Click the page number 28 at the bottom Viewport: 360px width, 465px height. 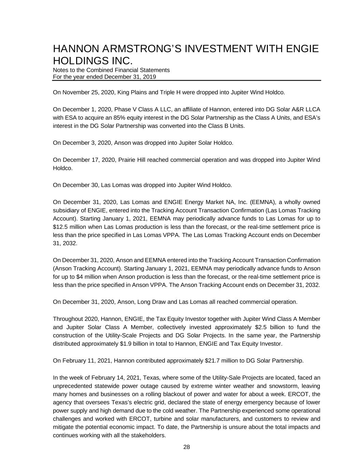[186, 447]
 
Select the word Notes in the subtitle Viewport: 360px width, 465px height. [60, 70]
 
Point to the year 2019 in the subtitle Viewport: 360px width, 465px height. [149, 77]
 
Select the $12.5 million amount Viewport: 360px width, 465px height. [61, 227]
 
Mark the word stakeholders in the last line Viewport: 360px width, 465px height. [148, 435]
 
